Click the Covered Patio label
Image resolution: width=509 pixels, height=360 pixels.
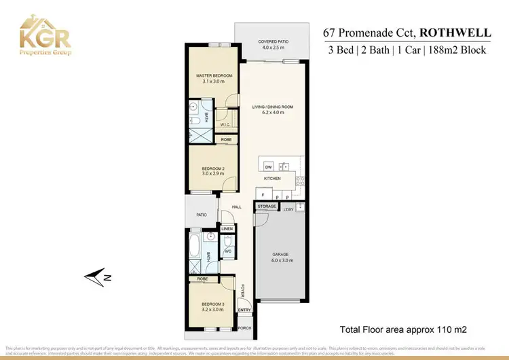274,44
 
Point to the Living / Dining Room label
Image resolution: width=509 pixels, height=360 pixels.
272,110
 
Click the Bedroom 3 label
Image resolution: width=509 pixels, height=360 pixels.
213,306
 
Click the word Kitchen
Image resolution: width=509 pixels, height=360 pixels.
272,179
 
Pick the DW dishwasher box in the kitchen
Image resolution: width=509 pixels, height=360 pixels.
268,166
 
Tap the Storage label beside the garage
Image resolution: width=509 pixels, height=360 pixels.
267,206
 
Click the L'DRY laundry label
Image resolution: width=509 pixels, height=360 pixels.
288,209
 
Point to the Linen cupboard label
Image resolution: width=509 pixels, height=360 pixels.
227,229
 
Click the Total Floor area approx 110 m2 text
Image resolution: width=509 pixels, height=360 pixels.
404,329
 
